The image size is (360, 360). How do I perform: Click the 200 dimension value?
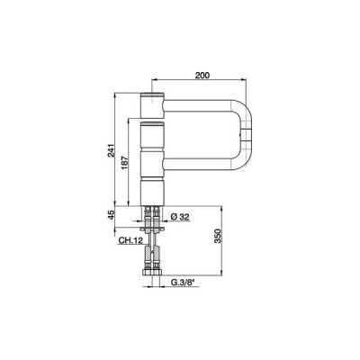coord(202,76)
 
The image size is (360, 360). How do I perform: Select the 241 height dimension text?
coord(112,150)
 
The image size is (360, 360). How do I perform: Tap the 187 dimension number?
coord(125,163)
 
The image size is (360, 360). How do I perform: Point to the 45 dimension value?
coord(112,215)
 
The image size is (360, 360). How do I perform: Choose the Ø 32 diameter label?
coord(180,217)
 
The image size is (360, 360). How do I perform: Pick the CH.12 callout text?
coord(130,240)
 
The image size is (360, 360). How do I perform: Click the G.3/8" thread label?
coord(184,283)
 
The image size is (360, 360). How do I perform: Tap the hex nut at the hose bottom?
coord(152,273)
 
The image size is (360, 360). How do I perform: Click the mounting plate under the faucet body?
coord(152,229)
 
